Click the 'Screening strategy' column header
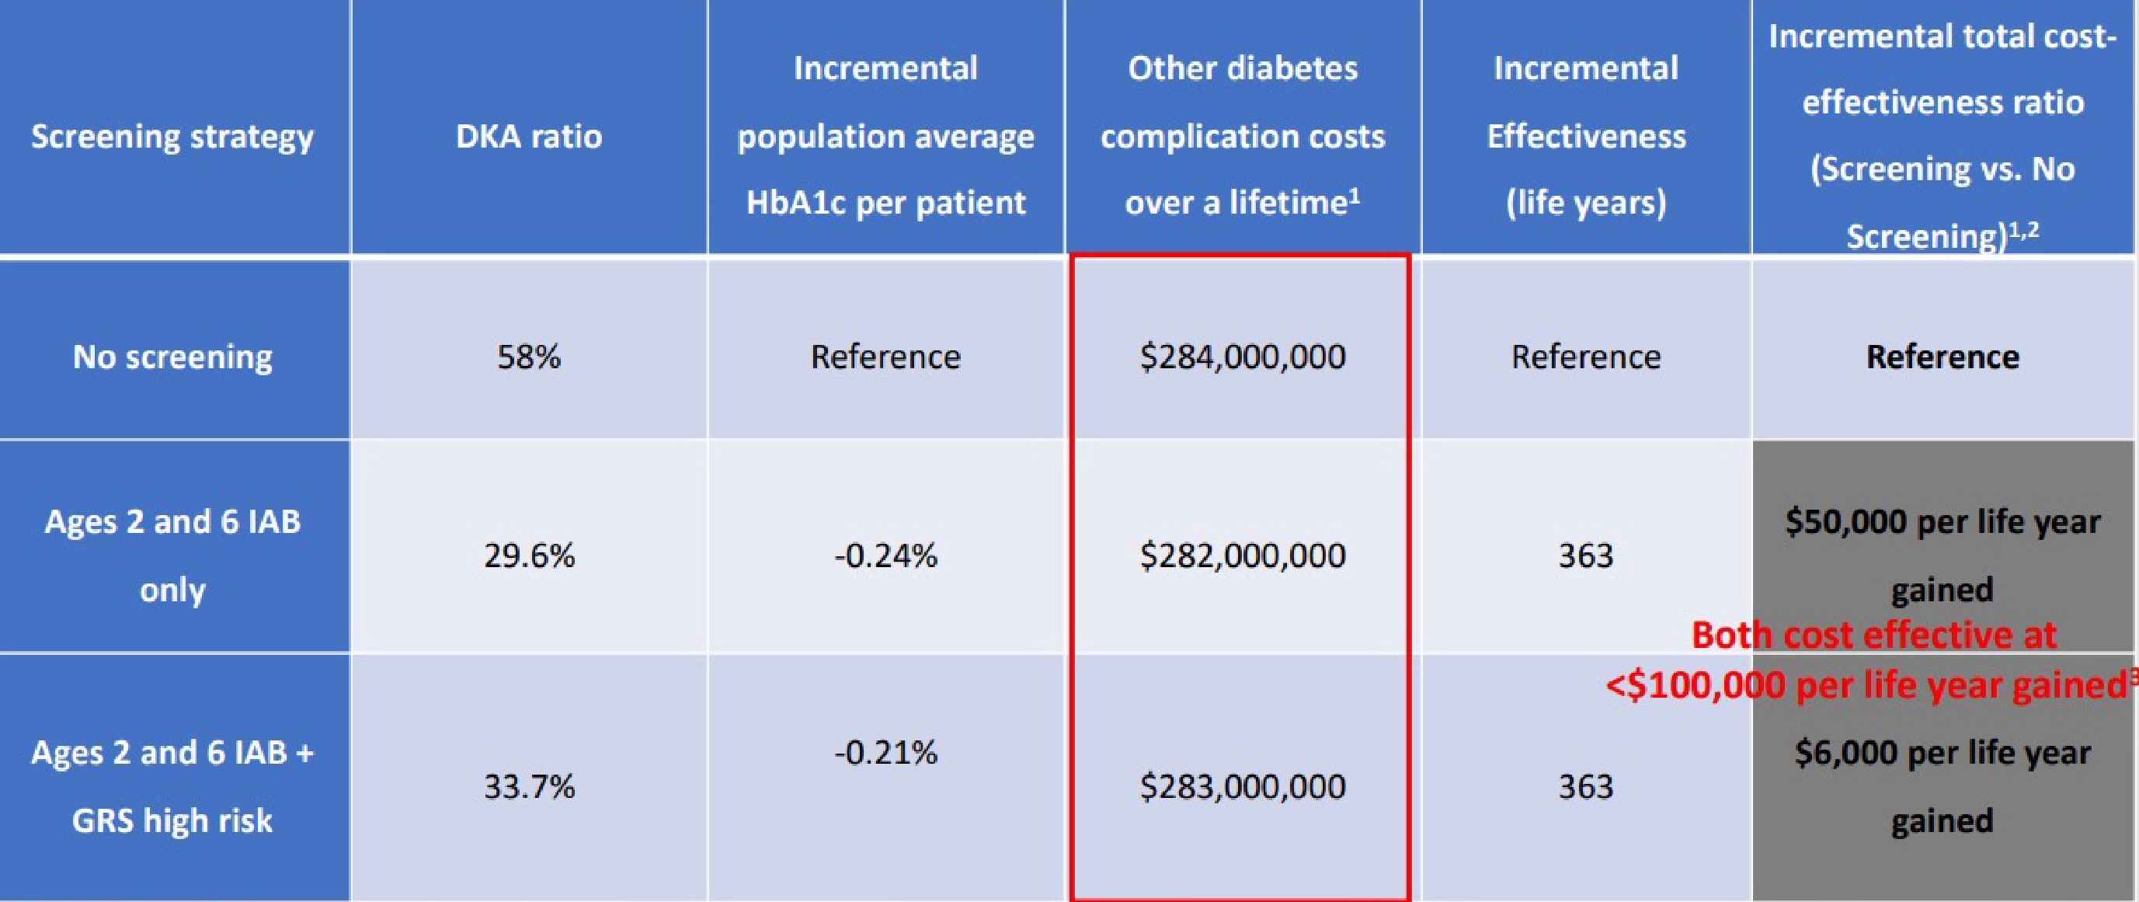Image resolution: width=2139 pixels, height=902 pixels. [x=172, y=136]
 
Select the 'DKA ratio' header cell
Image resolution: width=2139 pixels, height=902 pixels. [x=529, y=136]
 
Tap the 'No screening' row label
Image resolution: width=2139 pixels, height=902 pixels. [x=172, y=357]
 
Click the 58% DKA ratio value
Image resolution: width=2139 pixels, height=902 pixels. [x=529, y=357]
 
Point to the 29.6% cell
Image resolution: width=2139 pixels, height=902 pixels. [x=529, y=555]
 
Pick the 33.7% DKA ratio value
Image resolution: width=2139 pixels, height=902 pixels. [x=529, y=785]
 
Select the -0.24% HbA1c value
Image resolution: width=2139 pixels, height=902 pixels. [x=885, y=555]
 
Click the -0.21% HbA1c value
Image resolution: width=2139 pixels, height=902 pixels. [x=885, y=753]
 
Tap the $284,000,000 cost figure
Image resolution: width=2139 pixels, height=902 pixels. [x=1242, y=357]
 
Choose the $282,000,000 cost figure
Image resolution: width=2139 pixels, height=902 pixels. [x=1242, y=555]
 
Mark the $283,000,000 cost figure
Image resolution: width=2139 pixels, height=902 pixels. [x=1242, y=785]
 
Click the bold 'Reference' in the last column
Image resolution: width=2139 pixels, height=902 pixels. [x=1942, y=357]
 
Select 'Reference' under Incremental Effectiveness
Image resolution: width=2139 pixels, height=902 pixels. [x=1585, y=357]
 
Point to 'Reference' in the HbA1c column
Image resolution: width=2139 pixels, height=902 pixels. [x=885, y=357]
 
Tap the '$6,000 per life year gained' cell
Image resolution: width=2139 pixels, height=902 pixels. [x=1942, y=785]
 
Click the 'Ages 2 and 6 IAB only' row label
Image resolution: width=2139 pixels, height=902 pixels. [x=172, y=555]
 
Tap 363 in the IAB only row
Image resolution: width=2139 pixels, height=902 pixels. [x=1585, y=555]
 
